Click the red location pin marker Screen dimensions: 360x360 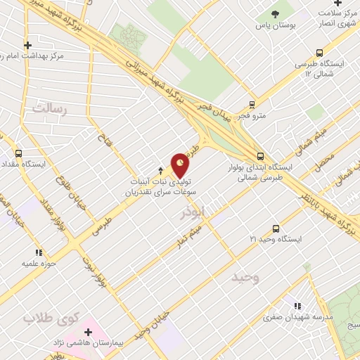point(181,165)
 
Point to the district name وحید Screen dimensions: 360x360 point(246,278)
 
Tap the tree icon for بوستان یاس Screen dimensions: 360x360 point(276,14)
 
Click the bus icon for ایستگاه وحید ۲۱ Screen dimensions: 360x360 point(276,229)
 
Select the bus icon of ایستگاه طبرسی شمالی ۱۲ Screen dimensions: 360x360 point(320,52)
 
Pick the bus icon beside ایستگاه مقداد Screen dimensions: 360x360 point(18,153)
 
